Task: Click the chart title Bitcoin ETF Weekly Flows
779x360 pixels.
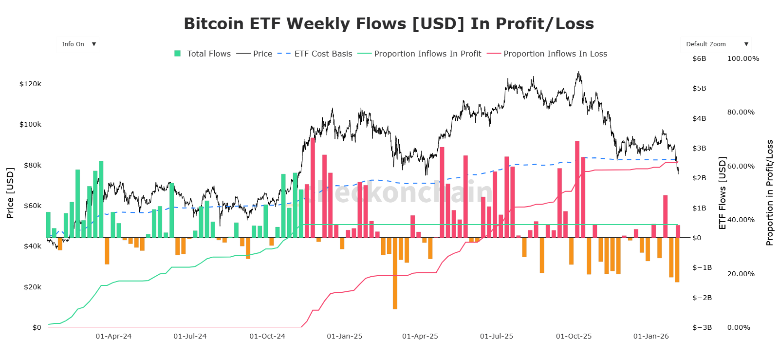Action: [389, 24]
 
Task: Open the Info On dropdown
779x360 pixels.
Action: [78, 44]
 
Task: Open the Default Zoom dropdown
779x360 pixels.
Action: [715, 44]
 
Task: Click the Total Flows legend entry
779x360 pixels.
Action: [203, 54]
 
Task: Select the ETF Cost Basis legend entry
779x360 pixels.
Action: [315, 54]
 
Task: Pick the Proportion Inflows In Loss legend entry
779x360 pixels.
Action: [548, 54]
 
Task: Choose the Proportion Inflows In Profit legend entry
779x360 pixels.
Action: [420, 54]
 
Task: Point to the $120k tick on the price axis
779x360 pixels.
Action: [30, 84]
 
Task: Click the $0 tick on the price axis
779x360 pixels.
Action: [37, 327]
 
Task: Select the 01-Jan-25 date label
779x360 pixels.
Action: [344, 336]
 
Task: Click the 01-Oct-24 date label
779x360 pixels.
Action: [267, 336]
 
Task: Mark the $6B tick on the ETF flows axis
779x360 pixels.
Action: [699, 58]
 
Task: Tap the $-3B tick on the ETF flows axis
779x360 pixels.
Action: [702, 327]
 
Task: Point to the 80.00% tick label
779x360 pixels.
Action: [741, 112]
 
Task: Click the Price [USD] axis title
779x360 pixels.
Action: [10, 193]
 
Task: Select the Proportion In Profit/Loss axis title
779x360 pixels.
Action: [770, 193]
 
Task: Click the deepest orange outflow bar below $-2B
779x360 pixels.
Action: [395, 273]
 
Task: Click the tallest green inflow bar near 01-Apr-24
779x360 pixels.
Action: [101, 199]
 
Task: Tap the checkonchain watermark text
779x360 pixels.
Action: [399, 192]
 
